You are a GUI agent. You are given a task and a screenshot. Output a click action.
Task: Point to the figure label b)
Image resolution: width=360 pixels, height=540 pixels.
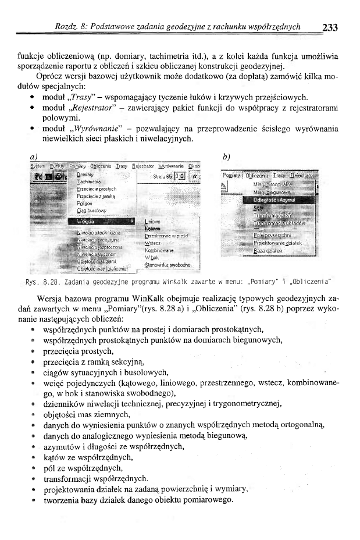[x=227, y=157]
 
